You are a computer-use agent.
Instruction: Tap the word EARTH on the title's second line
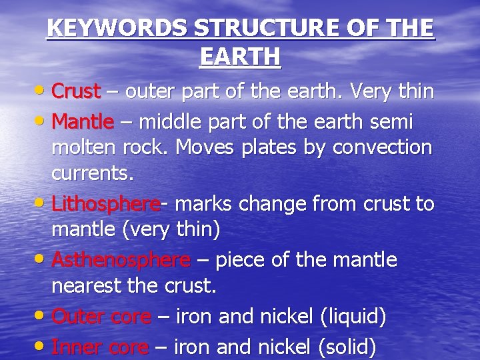[240, 57]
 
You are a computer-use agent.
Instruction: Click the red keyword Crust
[76, 90]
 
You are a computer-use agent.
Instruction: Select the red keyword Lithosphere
[105, 203]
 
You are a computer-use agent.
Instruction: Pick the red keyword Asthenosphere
[121, 259]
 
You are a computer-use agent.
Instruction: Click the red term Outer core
[101, 317]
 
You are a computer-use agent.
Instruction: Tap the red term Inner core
[100, 347]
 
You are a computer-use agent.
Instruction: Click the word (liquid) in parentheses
[353, 317]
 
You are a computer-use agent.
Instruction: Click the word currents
[93, 175]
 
